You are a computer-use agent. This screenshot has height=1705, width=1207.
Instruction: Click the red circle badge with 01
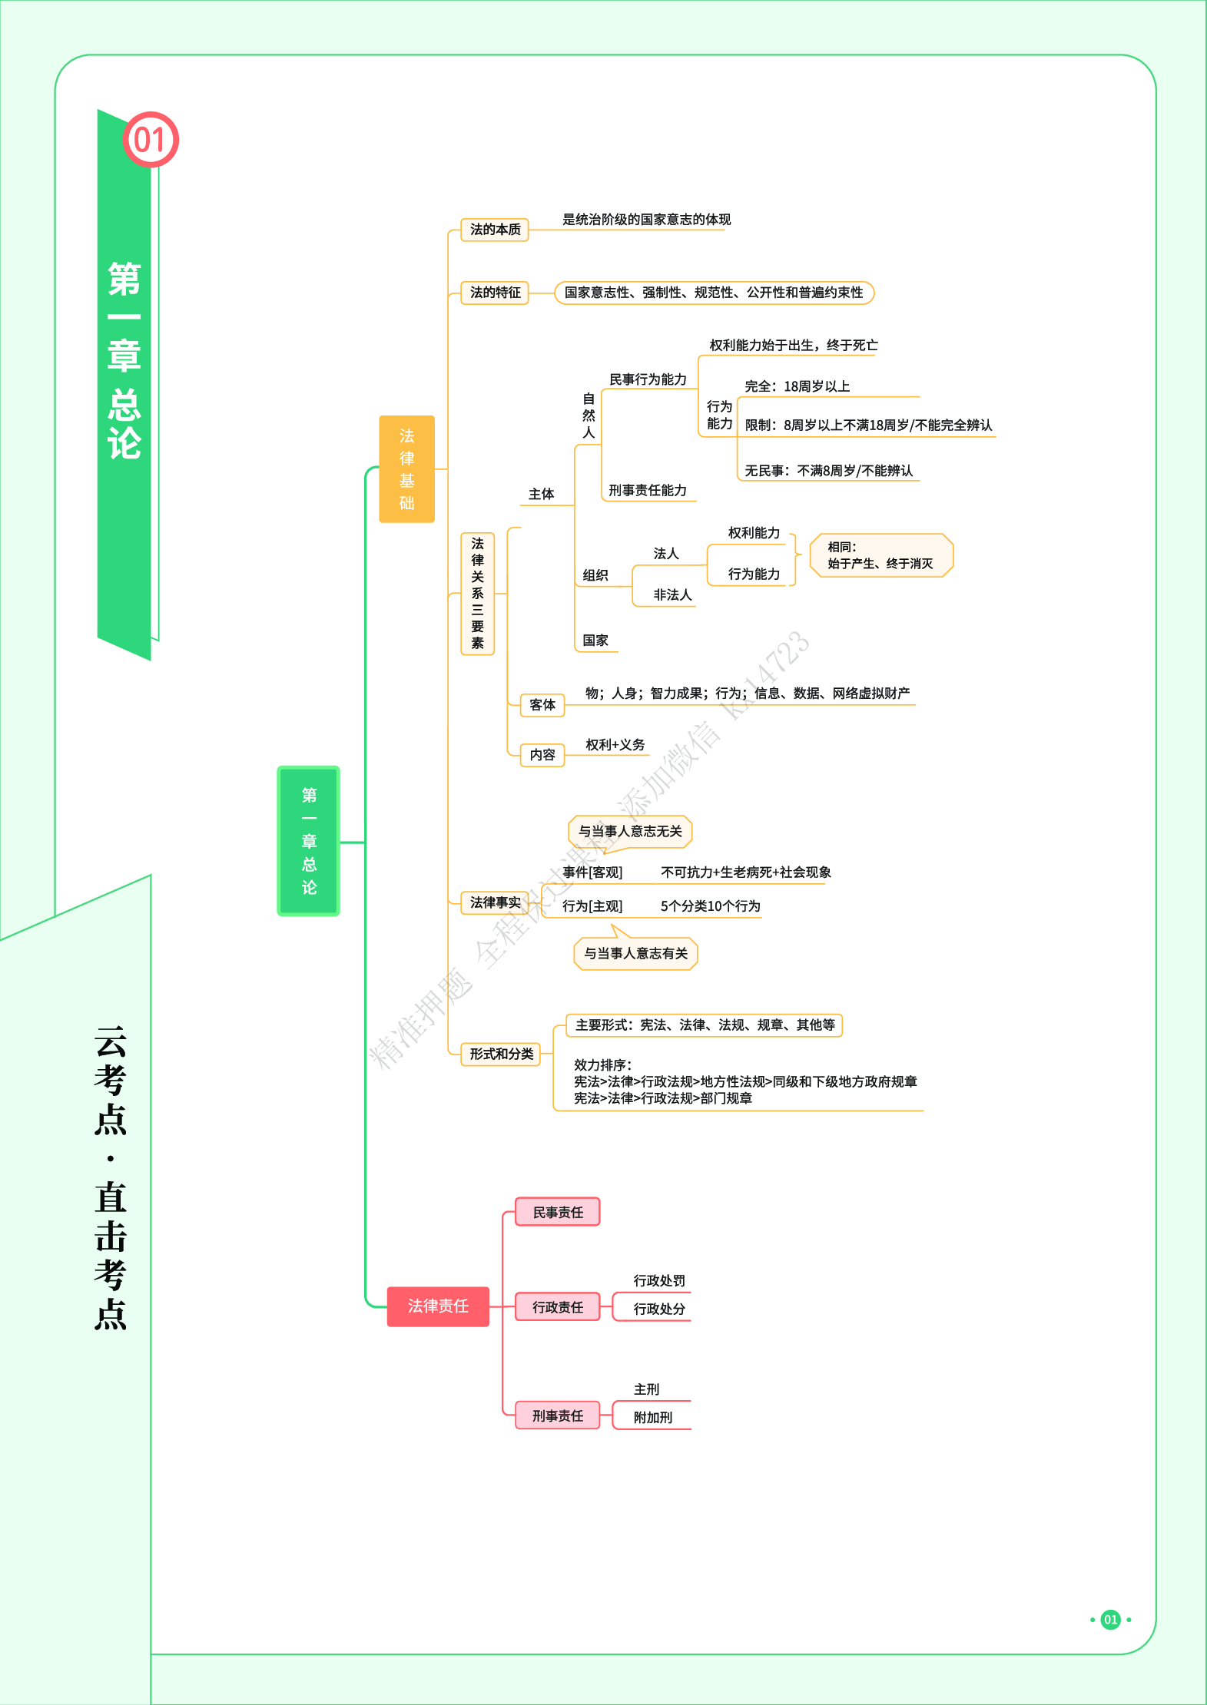pyautogui.click(x=151, y=140)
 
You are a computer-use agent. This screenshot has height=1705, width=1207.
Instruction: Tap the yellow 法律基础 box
pyautogui.click(x=406, y=469)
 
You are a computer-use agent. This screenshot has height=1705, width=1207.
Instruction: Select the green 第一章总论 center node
pyautogui.click(x=308, y=841)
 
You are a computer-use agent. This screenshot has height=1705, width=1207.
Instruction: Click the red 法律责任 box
pyautogui.click(x=438, y=1306)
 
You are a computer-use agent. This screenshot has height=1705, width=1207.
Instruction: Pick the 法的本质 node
pyautogui.click(x=495, y=230)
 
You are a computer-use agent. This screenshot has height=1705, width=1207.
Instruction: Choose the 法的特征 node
pyautogui.click(x=495, y=293)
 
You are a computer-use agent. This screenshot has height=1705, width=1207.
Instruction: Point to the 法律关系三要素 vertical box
pyautogui.click(x=477, y=594)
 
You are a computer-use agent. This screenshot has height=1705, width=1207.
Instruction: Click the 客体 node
pyautogui.click(x=542, y=705)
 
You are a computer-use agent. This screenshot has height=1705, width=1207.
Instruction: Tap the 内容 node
pyautogui.click(x=542, y=755)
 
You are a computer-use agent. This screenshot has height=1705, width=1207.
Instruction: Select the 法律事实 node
pyautogui.click(x=495, y=902)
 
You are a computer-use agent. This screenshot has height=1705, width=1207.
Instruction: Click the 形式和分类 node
pyautogui.click(x=501, y=1054)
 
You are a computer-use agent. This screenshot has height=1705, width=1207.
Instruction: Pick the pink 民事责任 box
pyautogui.click(x=558, y=1213)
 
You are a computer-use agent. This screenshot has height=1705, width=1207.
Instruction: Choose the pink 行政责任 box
pyautogui.click(x=558, y=1307)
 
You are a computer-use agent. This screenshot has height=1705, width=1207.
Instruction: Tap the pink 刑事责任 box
pyautogui.click(x=558, y=1415)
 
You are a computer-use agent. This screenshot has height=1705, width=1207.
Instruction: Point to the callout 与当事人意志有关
pyautogui.click(x=635, y=954)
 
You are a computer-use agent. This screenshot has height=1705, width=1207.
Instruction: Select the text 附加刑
pyautogui.click(x=653, y=1418)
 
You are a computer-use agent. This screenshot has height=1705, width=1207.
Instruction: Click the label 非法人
pyautogui.click(x=672, y=595)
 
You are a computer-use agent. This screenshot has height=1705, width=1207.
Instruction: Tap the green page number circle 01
pyautogui.click(x=1110, y=1620)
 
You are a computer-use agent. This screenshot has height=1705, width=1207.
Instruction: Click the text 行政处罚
pyautogui.click(x=659, y=1281)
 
